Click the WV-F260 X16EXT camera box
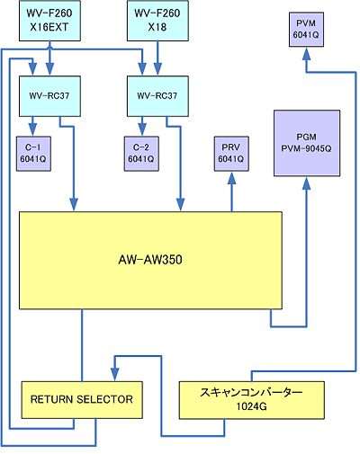pos(49,21)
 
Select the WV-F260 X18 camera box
pos(157,21)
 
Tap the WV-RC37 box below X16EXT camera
pos(49,96)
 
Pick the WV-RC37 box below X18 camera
pos(157,96)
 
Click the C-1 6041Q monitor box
pos(33,154)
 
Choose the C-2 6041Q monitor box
pos(141,154)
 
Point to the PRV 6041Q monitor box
pos(231,154)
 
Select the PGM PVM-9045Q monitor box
pos(307,143)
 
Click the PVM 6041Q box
pos(306,30)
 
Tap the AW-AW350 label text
pos(150,260)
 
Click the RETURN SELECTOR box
pos(82,400)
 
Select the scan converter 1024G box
pos(252,400)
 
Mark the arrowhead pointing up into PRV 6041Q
pos(231,178)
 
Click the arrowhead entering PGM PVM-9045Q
pos(306,183)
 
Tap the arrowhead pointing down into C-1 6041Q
pos(32,130)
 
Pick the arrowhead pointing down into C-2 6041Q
pos(142,130)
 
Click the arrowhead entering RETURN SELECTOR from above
pos(115,375)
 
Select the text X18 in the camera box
pos(157,28)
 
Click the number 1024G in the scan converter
pos(251,406)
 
